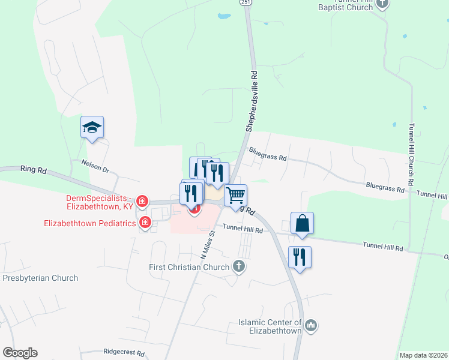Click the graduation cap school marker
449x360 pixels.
92,127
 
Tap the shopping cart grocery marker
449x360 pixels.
236,195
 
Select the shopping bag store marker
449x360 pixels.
302,223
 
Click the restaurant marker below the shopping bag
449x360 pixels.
299,257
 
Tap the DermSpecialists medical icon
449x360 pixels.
142,201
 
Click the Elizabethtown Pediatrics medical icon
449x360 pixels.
145,223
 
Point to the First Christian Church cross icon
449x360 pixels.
239,266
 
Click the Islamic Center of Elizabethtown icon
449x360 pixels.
310,326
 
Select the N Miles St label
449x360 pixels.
207,243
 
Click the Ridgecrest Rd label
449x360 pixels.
124,353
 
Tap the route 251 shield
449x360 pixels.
246,3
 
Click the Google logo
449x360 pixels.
20,353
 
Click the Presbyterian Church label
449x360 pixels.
40,278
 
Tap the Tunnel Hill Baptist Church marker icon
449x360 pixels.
382,4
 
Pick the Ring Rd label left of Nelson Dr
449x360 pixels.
33,170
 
